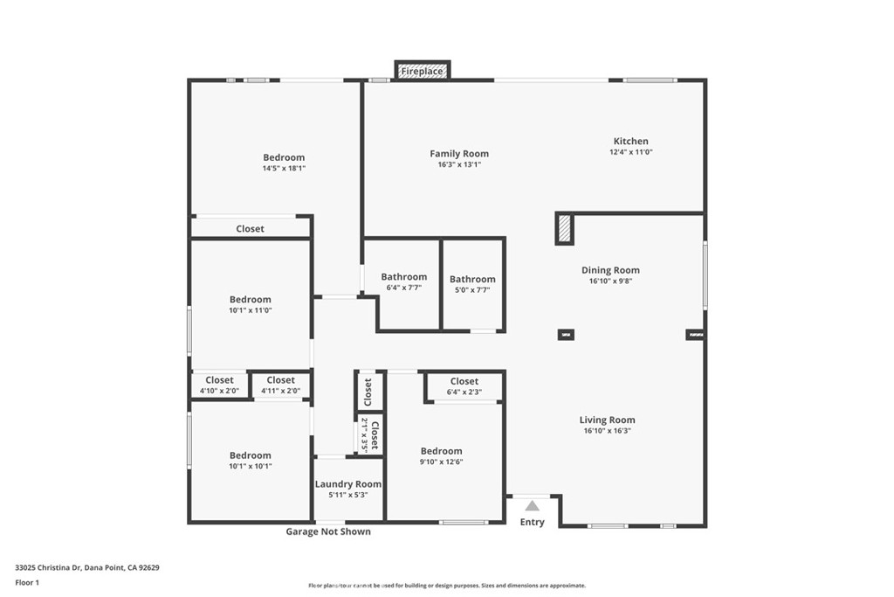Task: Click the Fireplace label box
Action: pyautogui.click(x=423, y=71)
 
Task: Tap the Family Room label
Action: pyautogui.click(x=459, y=154)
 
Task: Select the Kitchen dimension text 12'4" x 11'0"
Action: pyautogui.click(x=630, y=152)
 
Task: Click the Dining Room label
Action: pyautogui.click(x=610, y=270)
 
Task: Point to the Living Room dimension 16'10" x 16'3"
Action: pyautogui.click(x=607, y=431)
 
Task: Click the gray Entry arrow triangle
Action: pyautogui.click(x=532, y=506)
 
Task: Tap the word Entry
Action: pyautogui.click(x=532, y=522)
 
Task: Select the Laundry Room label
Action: pyautogui.click(x=347, y=484)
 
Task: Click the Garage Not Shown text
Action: pyautogui.click(x=328, y=531)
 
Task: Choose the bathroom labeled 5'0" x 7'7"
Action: pyautogui.click(x=472, y=284)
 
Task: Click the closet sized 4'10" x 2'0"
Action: pyautogui.click(x=219, y=385)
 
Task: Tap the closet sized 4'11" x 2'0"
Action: pyautogui.click(x=280, y=385)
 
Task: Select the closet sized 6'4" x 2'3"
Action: pyautogui.click(x=464, y=386)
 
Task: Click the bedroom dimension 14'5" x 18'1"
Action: pyautogui.click(x=284, y=169)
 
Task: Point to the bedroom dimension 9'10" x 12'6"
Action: pyautogui.click(x=441, y=462)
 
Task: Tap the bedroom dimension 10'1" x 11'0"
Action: pyautogui.click(x=251, y=310)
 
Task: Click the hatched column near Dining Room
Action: pyautogui.click(x=565, y=228)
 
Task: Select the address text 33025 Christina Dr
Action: pyautogui.click(x=49, y=568)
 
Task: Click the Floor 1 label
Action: pyautogui.click(x=27, y=583)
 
